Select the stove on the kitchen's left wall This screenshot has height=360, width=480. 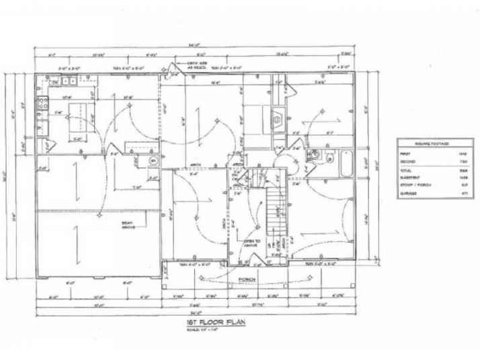point(42,104)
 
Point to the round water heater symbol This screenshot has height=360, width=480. point(153,161)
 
